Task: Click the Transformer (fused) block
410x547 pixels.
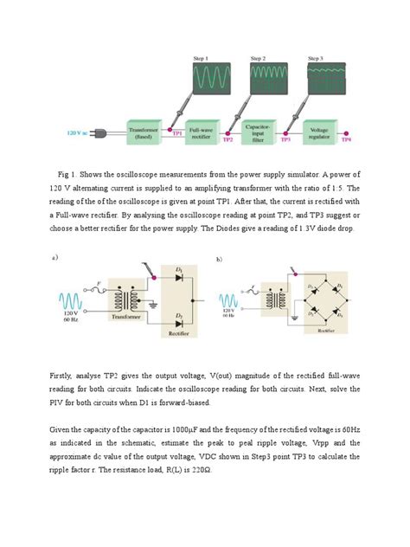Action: (145, 132)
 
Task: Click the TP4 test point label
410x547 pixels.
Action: (346, 138)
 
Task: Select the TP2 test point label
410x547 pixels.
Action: (228, 138)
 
